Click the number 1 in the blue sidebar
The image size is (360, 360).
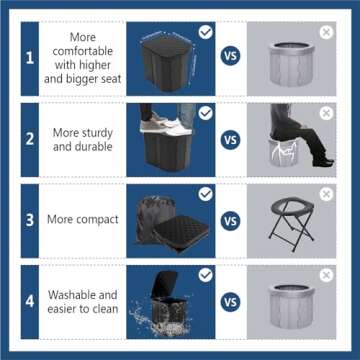pyautogui.click(x=30, y=58)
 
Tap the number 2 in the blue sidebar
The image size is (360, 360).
pyautogui.click(x=30, y=138)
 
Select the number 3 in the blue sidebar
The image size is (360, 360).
pyautogui.click(x=30, y=219)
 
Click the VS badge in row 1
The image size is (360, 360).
pyautogui.click(x=231, y=57)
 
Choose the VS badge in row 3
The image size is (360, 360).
pyautogui.click(x=231, y=220)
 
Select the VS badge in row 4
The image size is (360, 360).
pyautogui.click(x=231, y=301)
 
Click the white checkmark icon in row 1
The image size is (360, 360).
pyautogui.click(x=205, y=32)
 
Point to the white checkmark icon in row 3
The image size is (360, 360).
pyautogui.click(x=205, y=194)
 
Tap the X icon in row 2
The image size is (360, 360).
pyautogui.click(x=325, y=113)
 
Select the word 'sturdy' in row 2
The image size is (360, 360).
pyautogui.click(x=98, y=131)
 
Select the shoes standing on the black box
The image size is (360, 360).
pyautogui.click(x=165, y=122)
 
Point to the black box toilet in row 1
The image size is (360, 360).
pyautogui.click(x=172, y=62)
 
